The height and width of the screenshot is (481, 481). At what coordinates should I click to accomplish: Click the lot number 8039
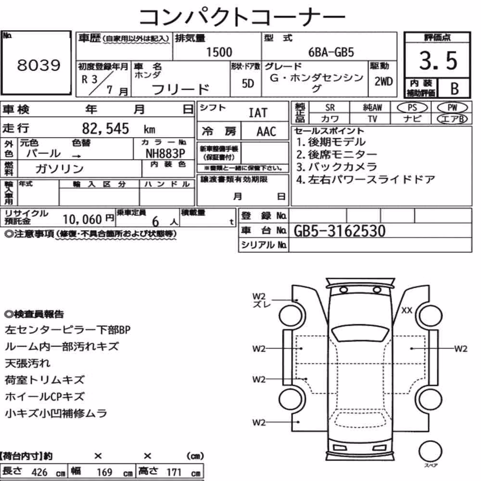(x=38, y=65)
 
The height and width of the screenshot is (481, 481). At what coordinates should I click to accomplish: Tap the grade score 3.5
(x=438, y=61)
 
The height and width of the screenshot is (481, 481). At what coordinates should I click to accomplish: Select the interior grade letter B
(x=455, y=89)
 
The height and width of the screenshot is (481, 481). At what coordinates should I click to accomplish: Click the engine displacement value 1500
(x=219, y=52)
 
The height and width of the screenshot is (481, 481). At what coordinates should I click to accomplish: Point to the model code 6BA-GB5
(x=331, y=52)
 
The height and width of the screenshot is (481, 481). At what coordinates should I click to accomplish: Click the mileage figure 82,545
(x=105, y=128)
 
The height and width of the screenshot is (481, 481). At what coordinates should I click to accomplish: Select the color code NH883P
(x=165, y=153)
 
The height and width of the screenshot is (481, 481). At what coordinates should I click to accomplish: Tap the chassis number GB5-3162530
(x=339, y=231)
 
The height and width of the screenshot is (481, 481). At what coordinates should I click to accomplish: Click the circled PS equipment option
(x=412, y=108)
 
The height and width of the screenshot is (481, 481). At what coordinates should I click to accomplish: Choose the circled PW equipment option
(x=452, y=108)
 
